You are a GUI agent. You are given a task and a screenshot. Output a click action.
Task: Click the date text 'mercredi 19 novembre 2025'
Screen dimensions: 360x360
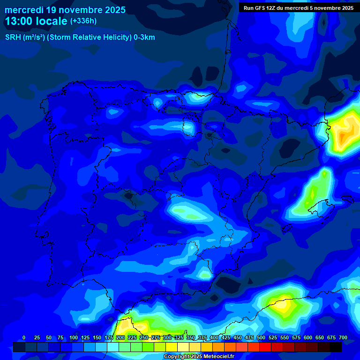click(x=65, y=10)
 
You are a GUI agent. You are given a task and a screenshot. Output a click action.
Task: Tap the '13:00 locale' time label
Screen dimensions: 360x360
click(x=36, y=21)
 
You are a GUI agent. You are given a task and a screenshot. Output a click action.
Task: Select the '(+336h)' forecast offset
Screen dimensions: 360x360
click(x=83, y=21)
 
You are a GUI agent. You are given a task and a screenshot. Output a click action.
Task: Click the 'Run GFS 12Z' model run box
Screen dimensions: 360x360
click(x=298, y=8)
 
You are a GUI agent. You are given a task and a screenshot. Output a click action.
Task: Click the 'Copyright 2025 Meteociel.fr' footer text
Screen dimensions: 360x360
click(x=199, y=356)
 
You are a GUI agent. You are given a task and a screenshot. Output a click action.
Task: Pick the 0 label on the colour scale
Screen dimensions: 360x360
click(x=24, y=338)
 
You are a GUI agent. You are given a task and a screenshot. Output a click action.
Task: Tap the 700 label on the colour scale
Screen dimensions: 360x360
click(x=343, y=338)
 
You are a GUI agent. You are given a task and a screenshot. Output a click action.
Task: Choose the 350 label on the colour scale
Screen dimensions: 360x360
click(x=191, y=338)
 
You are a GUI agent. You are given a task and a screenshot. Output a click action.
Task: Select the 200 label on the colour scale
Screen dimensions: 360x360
click(x=120, y=338)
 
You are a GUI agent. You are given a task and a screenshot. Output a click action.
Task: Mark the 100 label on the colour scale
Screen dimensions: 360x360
click(x=74, y=338)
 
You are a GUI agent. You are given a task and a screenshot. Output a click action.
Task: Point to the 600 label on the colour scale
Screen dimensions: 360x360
click(x=308, y=338)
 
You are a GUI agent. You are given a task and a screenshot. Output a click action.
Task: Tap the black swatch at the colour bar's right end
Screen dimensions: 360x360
click(x=336, y=347)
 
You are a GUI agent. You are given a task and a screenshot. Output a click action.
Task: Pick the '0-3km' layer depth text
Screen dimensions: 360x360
click(x=144, y=37)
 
